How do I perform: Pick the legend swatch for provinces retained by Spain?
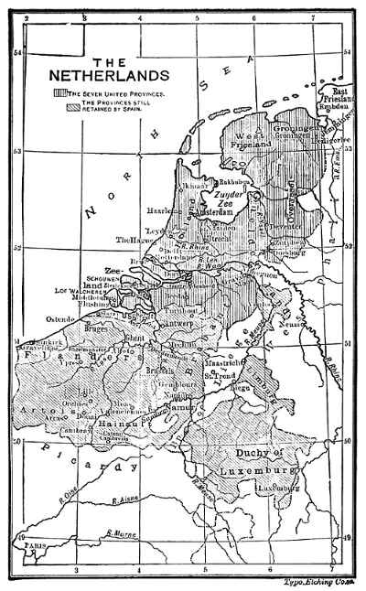(70, 108)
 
